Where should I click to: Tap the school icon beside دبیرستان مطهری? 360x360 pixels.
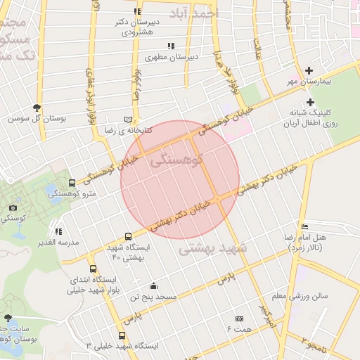pos(170,46)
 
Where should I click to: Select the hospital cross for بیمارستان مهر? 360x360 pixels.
pos(309,70)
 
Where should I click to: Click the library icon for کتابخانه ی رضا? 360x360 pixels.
pos(127,119)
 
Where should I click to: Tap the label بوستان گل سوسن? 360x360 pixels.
pos(37,119)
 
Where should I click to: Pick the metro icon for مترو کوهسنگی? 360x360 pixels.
pos(72,183)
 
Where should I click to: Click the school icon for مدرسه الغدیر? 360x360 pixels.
pos(58,231)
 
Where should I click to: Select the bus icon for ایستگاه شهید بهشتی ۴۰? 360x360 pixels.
pos(127,236)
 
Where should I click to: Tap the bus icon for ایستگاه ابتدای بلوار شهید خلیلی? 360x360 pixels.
pos(94,269)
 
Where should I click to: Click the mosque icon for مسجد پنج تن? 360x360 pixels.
pos(154,285)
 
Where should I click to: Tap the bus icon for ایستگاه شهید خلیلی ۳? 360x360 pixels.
pos(122,335)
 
